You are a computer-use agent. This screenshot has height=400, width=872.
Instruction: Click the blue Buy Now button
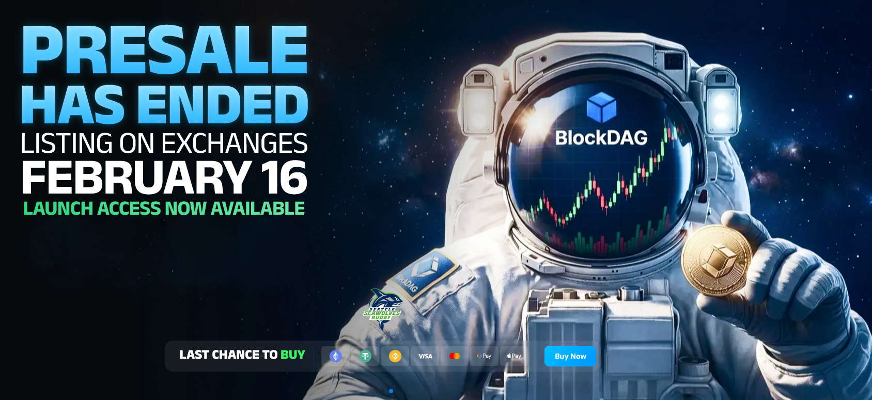[x=570, y=356]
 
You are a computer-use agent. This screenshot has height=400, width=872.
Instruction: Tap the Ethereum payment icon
[x=336, y=356]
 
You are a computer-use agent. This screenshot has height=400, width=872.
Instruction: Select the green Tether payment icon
[x=365, y=356]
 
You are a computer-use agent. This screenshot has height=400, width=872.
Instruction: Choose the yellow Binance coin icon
[x=395, y=356]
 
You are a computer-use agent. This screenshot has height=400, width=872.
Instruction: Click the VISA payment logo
[x=425, y=356]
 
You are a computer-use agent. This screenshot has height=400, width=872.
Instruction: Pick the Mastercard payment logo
[x=454, y=356]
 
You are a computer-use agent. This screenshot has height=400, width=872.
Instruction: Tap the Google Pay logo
[x=484, y=356]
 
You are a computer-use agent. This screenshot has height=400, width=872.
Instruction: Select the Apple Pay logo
[x=514, y=356]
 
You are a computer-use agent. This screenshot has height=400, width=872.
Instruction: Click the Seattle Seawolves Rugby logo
[x=383, y=309]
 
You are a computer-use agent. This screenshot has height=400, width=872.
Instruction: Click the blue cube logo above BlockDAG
[x=601, y=107]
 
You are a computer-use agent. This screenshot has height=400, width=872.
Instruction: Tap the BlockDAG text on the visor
[x=601, y=138]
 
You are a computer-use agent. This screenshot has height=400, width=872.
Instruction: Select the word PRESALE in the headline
[x=165, y=50]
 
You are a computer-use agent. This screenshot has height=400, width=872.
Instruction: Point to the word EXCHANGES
[x=234, y=143]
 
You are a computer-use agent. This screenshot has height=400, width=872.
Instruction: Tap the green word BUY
[x=293, y=355]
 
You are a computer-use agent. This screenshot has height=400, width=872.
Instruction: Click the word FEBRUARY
[x=136, y=177]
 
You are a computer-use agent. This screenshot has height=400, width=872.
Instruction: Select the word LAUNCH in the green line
[x=58, y=208]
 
